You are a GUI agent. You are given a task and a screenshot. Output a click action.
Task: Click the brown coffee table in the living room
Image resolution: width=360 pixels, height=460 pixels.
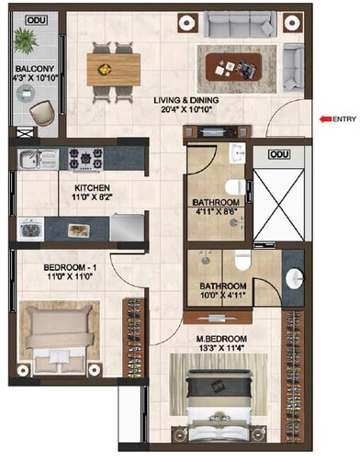tap(232, 65)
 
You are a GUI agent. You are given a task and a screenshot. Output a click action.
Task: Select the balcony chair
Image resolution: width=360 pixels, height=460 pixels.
tap(40, 112)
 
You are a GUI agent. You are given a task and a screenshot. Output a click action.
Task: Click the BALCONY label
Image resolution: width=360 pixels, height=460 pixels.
tap(33, 68)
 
